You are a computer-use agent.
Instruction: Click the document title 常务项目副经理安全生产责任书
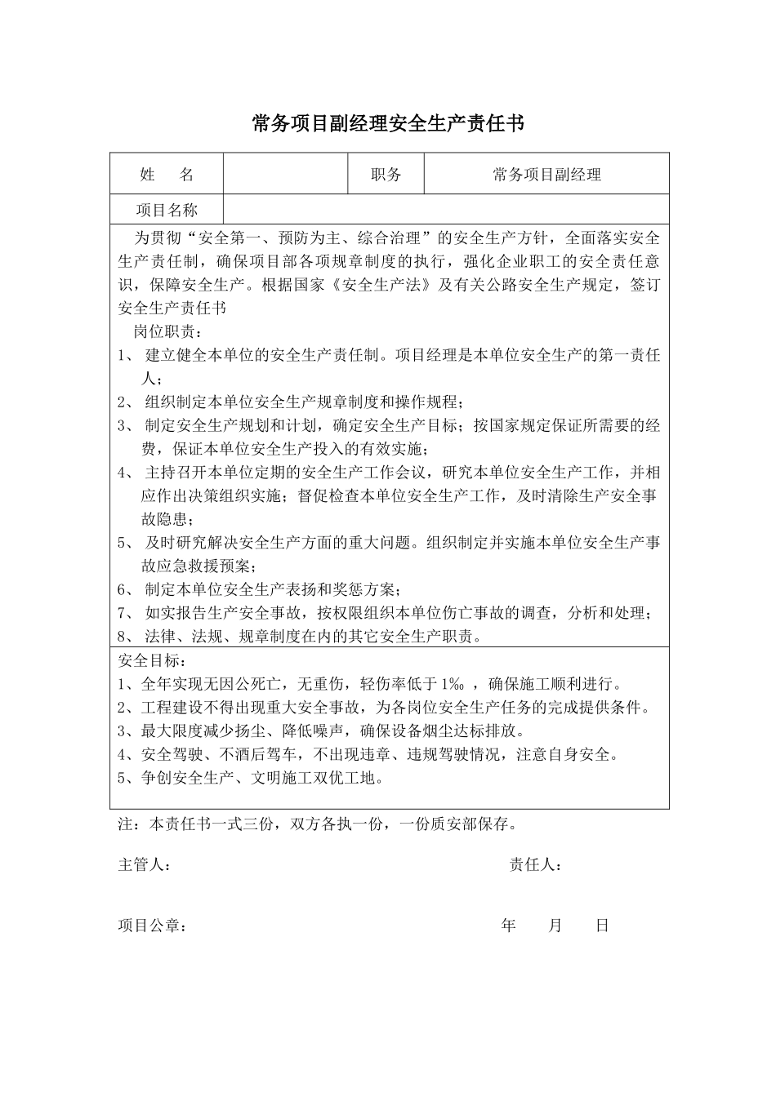pyautogui.click(x=388, y=123)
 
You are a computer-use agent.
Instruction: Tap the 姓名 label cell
pyautogui.click(x=167, y=174)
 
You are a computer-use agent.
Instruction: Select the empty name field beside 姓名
pyautogui.click(x=286, y=174)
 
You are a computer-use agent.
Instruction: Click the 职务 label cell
pyautogui.click(x=386, y=174)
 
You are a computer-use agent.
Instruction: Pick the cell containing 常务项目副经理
pyautogui.click(x=546, y=174)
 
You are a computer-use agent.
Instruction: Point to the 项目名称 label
pyautogui.click(x=167, y=210)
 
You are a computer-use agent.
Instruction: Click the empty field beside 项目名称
pyautogui.click(x=446, y=210)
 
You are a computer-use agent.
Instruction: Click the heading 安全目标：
pyautogui.click(x=152, y=660)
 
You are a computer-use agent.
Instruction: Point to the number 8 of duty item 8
pyautogui.click(x=122, y=637)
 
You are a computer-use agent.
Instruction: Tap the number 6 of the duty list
pyautogui.click(x=122, y=589)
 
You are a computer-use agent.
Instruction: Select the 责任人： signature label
pyautogui.click(x=535, y=865)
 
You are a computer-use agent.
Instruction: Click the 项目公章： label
pyautogui.click(x=152, y=926)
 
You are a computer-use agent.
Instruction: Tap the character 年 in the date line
pyautogui.click(x=509, y=926)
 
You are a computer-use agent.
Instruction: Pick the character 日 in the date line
pyautogui.click(x=602, y=926)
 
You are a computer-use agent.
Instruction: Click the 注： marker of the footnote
pyautogui.click(x=129, y=824)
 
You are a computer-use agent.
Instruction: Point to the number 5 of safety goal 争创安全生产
pyautogui.click(x=122, y=778)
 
